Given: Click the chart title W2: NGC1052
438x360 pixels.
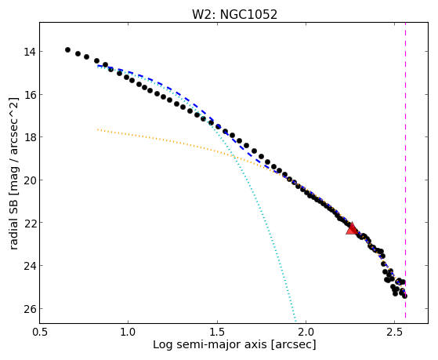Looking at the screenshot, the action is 234,15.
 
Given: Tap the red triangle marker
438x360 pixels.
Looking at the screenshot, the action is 352,229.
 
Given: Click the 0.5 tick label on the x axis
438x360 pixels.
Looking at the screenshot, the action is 40,332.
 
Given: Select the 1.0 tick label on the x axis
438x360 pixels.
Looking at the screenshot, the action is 129,332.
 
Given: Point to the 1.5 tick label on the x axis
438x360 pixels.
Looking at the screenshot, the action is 217,332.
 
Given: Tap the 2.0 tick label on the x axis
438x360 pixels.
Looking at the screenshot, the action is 306,332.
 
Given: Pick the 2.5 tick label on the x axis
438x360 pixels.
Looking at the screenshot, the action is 395,332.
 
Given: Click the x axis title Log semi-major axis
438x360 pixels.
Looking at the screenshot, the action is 210,345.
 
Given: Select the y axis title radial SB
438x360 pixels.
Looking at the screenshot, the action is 13,224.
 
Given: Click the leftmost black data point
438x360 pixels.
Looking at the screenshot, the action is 67,49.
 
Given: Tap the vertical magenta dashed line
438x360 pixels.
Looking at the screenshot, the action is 405,170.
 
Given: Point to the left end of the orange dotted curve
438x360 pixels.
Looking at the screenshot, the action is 97,129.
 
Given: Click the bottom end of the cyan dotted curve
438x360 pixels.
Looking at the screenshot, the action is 295,321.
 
